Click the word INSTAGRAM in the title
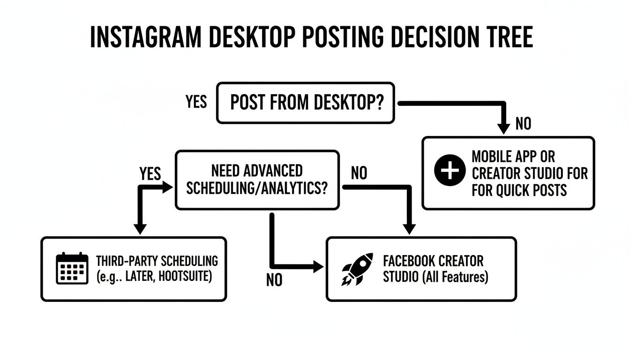pyautogui.click(x=146, y=37)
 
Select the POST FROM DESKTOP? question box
pyautogui.click(x=305, y=103)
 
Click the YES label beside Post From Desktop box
pyautogui.click(x=196, y=102)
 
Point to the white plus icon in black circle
pyautogui.click(x=449, y=172)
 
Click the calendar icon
pyautogui.click(x=72, y=268)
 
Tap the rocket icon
pyautogui.click(x=358, y=269)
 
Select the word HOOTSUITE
pyautogui.click(x=185, y=277)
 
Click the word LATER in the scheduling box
pyautogui.click(x=139, y=277)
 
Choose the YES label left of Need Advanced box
pyautogui.click(x=150, y=174)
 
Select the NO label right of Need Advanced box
pyautogui.click(x=359, y=174)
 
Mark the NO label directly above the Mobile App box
pyautogui.click(x=523, y=124)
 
